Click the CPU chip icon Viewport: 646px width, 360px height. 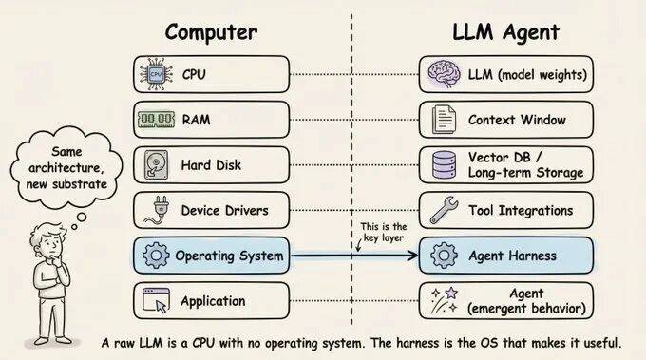156,74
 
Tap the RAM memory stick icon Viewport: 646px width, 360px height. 156,120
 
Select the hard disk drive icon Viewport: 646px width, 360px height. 156,165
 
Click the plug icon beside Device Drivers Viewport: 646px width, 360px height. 156,210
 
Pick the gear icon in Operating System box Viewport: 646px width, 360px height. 156,256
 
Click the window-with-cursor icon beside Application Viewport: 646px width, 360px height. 156,301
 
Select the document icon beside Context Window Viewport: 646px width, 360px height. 443,120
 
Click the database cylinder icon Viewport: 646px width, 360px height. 443,165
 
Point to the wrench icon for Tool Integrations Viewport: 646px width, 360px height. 443,210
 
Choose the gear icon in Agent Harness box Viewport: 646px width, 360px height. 443,256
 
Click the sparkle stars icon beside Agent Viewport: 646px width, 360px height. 443,301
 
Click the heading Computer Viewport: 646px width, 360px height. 211,31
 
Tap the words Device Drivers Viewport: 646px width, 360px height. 225,210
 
